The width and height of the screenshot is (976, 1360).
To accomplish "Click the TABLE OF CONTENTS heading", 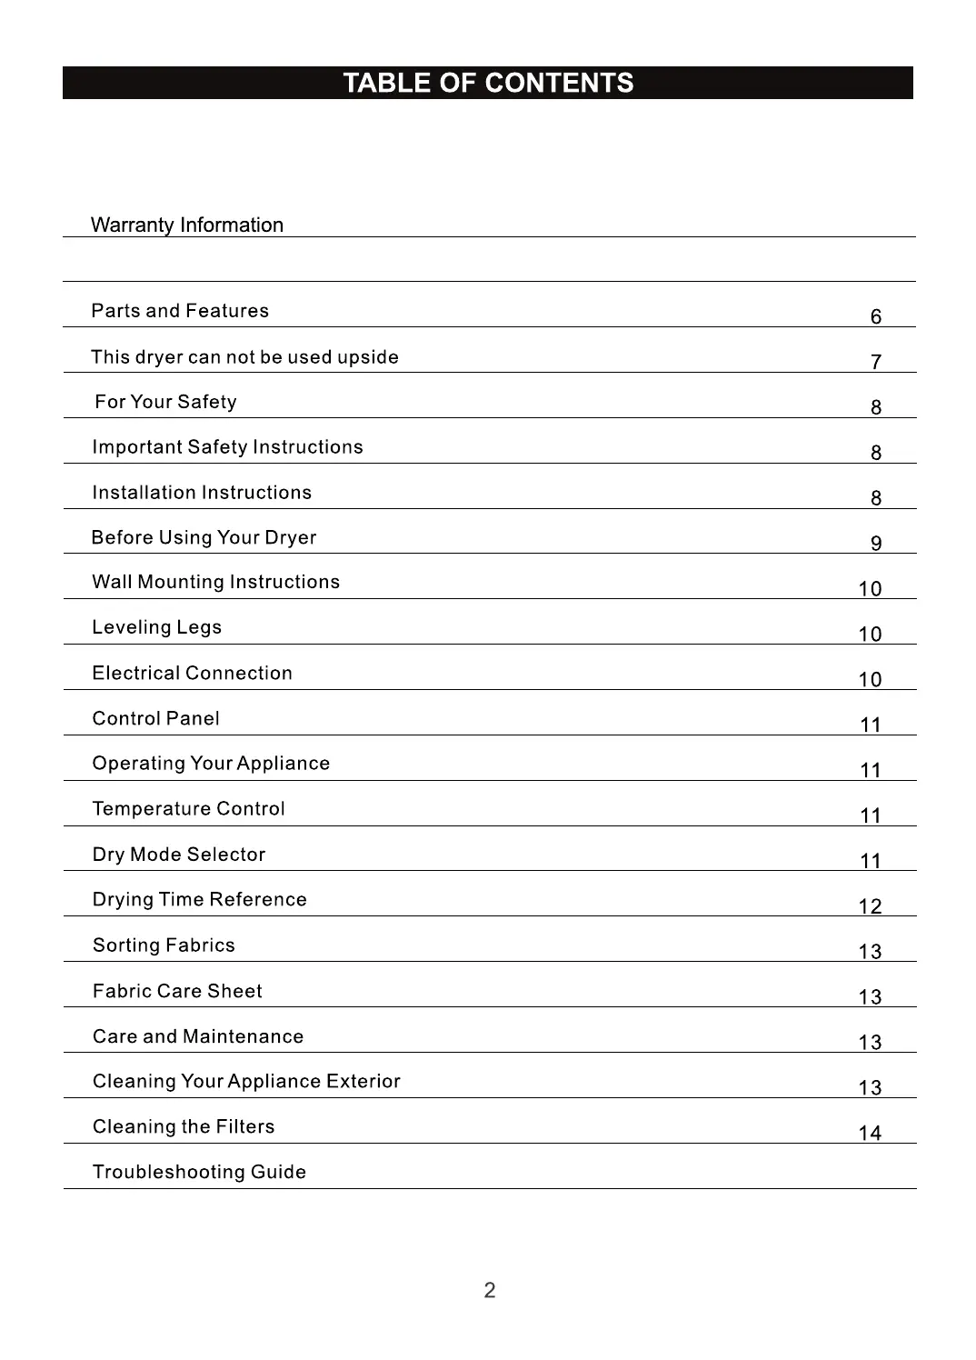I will pyautogui.click(x=488, y=83).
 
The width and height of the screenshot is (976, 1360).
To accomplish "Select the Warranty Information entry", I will pyautogui.click(x=187, y=225).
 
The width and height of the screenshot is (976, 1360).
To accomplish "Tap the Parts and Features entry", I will pyautogui.click(x=180, y=311).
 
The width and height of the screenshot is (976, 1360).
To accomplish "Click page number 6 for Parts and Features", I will pyautogui.click(x=875, y=316).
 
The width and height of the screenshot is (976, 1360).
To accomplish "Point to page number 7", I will pyautogui.click(x=875, y=362).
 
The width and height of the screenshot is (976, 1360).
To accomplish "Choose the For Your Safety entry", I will pyautogui.click(x=165, y=402).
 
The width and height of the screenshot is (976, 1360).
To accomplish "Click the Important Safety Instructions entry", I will pyautogui.click(x=227, y=447).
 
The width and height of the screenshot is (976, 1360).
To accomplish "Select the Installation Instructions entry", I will pyautogui.click(x=202, y=493).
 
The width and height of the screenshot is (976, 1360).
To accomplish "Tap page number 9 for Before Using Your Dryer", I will pyautogui.click(x=875, y=544).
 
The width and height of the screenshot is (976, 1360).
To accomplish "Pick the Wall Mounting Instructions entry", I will pyautogui.click(x=215, y=582).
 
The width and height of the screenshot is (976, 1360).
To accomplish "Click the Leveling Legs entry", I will pyautogui.click(x=156, y=627).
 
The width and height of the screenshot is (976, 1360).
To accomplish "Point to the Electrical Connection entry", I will pyautogui.click(x=192, y=673).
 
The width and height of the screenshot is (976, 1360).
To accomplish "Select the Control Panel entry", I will pyautogui.click(x=155, y=718).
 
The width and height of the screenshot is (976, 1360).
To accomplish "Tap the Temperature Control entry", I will pyautogui.click(x=188, y=809).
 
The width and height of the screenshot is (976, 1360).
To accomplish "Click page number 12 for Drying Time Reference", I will pyautogui.click(x=870, y=906).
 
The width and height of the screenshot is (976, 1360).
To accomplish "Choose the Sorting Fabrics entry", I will pyautogui.click(x=164, y=945).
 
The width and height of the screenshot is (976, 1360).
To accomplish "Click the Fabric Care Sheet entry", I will pyautogui.click(x=177, y=991).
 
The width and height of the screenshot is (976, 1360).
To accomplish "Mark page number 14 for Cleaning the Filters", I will pyautogui.click(x=870, y=1133).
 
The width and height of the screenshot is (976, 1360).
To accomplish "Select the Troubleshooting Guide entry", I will pyautogui.click(x=199, y=1172).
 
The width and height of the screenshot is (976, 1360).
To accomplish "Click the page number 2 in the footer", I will pyautogui.click(x=489, y=1290).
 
